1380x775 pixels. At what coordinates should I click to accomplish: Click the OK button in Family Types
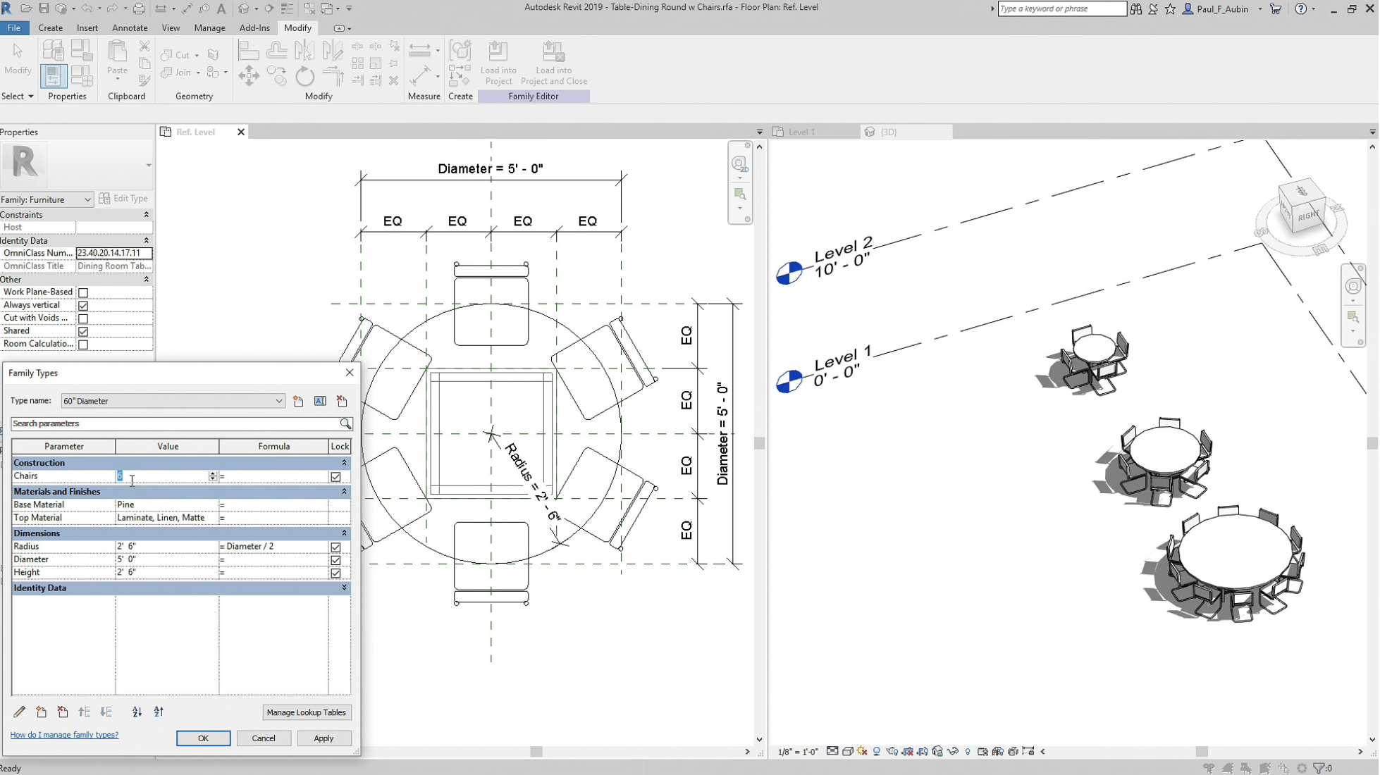(203, 738)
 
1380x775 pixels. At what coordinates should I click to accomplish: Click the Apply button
(324, 738)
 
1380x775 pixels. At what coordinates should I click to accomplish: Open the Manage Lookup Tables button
(306, 712)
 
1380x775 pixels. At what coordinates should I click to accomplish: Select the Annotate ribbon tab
(130, 27)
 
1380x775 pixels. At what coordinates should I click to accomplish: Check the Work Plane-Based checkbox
(83, 292)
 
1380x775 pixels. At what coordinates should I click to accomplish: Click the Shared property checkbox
(83, 331)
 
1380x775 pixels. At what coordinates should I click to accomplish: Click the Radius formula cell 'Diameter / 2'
(273, 546)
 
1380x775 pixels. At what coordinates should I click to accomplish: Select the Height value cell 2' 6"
(167, 572)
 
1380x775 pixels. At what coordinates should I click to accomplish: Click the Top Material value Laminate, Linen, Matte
(167, 517)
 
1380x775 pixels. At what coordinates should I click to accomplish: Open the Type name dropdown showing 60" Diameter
(278, 401)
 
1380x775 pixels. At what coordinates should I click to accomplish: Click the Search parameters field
(175, 423)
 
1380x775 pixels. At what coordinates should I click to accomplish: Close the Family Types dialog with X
(350, 372)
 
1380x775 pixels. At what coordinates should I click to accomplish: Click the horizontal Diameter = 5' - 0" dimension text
(491, 168)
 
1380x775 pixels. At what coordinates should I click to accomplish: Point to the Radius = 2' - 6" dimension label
(533, 483)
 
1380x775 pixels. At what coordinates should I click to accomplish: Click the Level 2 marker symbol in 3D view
(789, 273)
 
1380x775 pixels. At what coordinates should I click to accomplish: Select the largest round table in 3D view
(1233, 553)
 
